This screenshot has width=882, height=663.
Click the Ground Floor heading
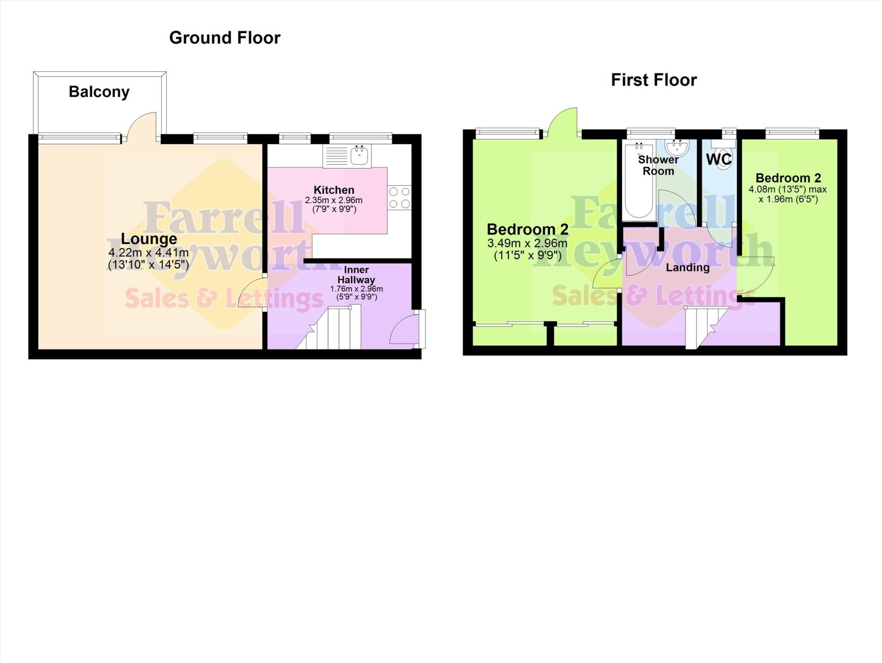pos(224,38)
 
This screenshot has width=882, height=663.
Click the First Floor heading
pos(653,80)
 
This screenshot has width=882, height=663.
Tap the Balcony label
pos(99,92)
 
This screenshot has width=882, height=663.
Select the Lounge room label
pos(149,238)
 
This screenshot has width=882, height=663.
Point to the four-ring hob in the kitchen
pos(400,197)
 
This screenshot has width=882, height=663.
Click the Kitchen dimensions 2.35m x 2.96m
pos(334,200)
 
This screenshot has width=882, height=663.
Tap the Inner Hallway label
pos(356,274)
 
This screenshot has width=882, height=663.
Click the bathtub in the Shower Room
pos(639,181)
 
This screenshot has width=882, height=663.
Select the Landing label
pos(687,268)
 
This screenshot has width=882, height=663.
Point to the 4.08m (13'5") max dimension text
pos(787,189)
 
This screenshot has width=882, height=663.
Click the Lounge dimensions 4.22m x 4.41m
pos(149,253)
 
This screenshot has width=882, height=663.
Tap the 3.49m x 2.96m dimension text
pos(527,243)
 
